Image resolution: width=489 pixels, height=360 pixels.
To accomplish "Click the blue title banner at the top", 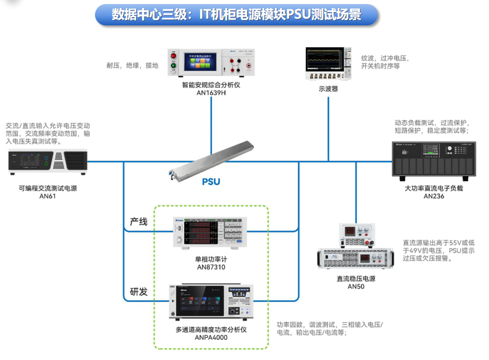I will point(236,14).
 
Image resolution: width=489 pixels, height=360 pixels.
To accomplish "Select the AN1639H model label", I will point(212,93).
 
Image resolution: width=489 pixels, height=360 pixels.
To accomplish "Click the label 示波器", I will point(328,89).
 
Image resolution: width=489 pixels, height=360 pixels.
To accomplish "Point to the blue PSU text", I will point(211,182).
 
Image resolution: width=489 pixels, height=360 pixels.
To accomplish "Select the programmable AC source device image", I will point(48,163).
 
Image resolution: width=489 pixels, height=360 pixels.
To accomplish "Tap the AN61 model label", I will point(48,196).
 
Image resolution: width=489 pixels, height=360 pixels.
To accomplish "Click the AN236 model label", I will point(434,196).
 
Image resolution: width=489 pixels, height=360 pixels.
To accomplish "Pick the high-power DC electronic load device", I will point(434,160).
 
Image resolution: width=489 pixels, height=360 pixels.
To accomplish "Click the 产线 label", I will point(139,221).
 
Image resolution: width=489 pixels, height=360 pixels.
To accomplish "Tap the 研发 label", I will point(139,292).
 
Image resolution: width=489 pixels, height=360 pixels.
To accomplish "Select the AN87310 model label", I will point(211,267).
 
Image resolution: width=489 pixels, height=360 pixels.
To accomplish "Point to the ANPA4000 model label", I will point(211,338).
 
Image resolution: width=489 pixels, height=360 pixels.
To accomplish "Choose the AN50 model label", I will point(356,286).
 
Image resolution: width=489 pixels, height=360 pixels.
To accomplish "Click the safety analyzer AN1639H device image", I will point(212,63).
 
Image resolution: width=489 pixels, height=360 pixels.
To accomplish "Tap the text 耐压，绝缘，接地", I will point(132,66).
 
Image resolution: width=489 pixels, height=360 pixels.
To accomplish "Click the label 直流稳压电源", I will point(356,278).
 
